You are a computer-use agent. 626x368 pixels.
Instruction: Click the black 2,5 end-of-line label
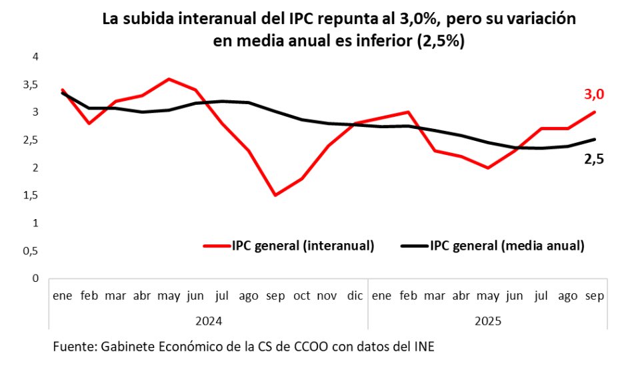click(x=593, y=160)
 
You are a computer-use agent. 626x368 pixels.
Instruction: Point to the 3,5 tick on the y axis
click(x=29, y=85)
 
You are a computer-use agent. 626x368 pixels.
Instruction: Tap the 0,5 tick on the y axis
click(x=29, y=251)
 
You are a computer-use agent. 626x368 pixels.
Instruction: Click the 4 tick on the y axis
click(x=35, y=57)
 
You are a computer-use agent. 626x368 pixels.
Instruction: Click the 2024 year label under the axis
click(x=208, y=320)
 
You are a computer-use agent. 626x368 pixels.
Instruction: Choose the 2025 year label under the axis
click(x=487, y=320)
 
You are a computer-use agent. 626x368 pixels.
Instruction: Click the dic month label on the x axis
click(x=354, y=296)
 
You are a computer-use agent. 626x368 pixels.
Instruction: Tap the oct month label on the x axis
click(x=301, y=296)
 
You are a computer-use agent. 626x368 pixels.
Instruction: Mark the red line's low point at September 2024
click(x=275, y=195)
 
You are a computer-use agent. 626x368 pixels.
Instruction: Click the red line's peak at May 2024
click(x=169, y=79)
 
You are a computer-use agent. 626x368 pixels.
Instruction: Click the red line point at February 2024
click(x=89, y=124)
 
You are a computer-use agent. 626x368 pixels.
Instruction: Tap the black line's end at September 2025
click(x=594, y=140)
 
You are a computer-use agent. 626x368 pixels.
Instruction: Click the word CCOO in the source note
click(x=279, y=347)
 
